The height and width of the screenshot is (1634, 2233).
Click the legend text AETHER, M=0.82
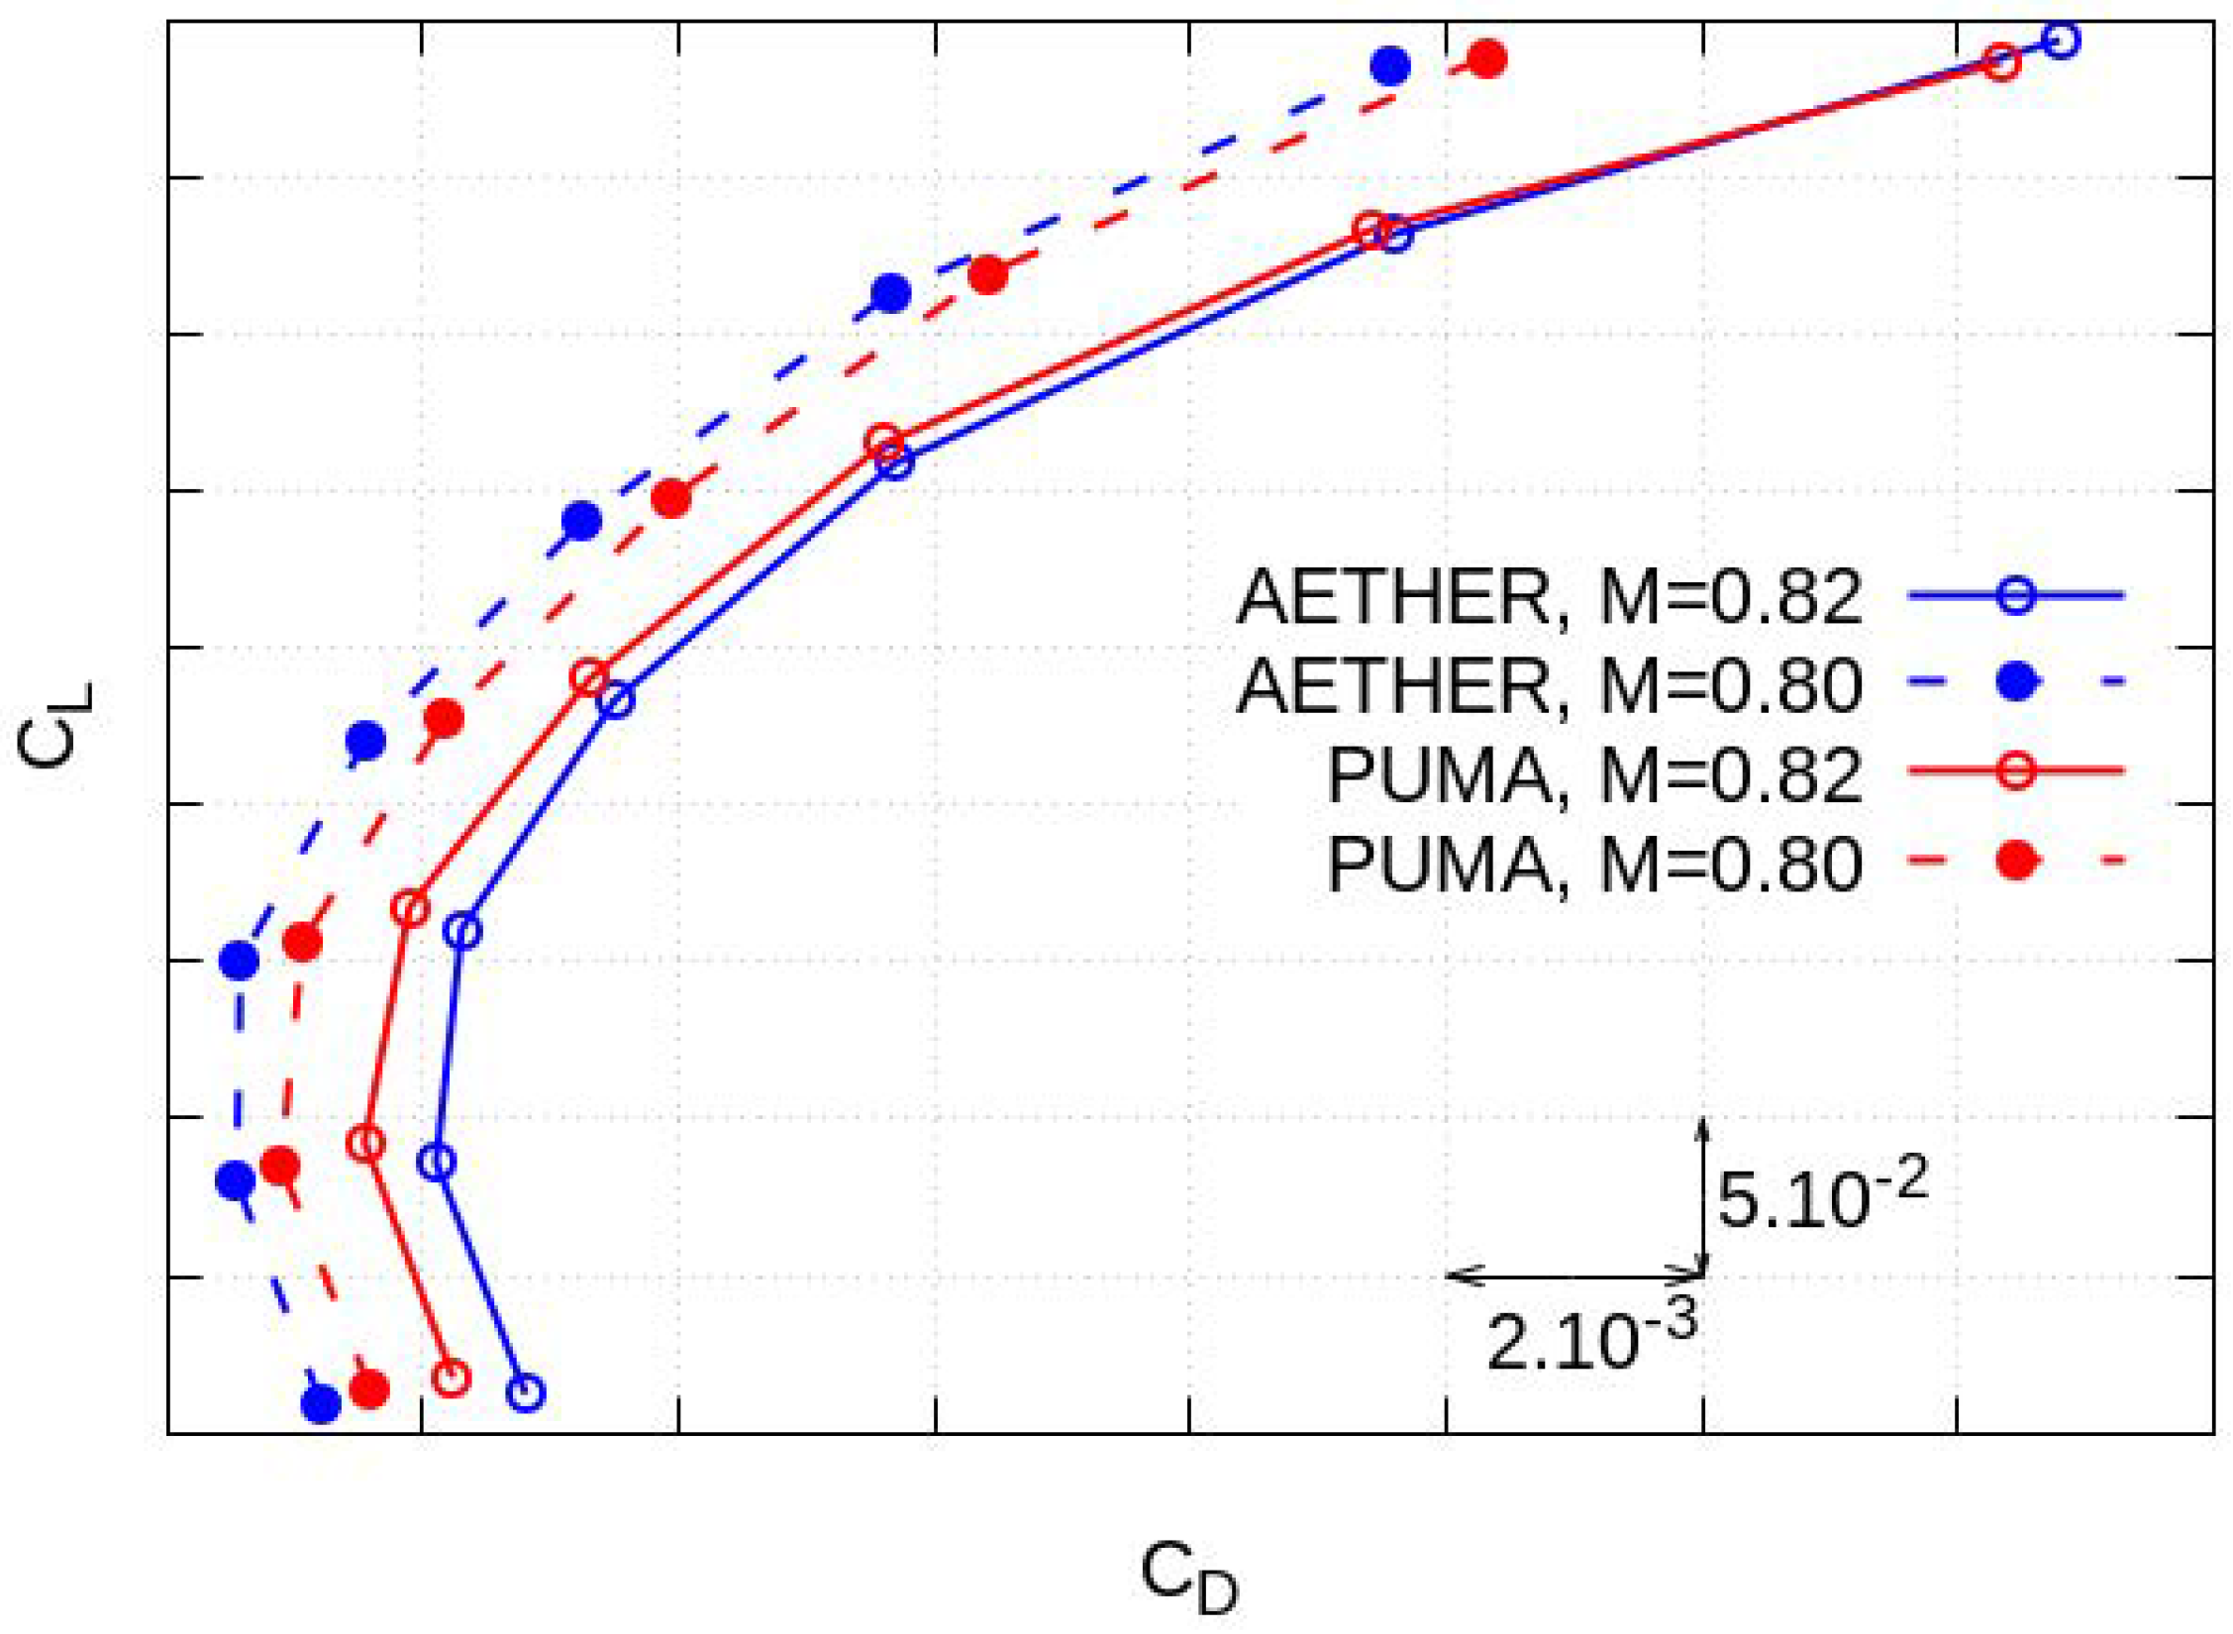pos(1549,597)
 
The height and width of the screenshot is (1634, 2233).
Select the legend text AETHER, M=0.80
pos(1549,686)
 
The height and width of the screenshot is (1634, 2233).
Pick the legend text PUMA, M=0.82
pos(1594,775)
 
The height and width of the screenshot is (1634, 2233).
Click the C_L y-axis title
pos(54,725)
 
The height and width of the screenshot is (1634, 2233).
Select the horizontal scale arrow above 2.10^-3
pos(1574,1275)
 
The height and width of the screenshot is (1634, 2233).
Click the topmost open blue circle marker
pos(2061,41)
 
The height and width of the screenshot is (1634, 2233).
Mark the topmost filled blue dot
pos(1390,66)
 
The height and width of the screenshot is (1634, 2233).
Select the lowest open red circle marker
pos(452,1378)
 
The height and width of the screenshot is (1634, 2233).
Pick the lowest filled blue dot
pos(321,1403)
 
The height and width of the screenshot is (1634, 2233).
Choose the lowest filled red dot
pos(369,1388)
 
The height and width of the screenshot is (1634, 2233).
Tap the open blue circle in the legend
pos(2016,595)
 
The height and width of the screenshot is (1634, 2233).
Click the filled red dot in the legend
pos(2016,861)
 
